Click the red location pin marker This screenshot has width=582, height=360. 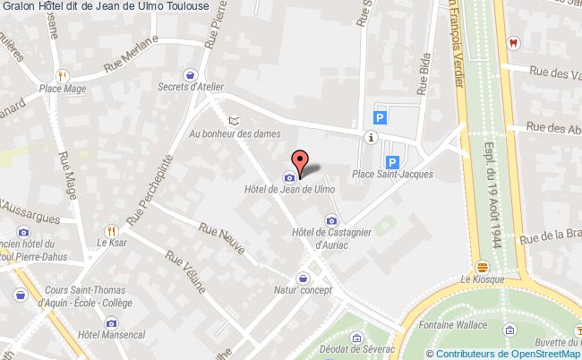(x=301, y=161)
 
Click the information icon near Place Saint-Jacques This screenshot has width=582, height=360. (x=371, y=137)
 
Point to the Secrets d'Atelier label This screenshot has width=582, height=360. (x=190, y=87)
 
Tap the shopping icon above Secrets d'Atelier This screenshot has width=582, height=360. (x=190, y=74)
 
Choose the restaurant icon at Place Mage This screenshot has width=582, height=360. (x=61, y=76)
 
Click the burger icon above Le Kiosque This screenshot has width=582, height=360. (x=483, y=266)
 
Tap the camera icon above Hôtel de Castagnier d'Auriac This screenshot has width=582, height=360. (x=331, y=219)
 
